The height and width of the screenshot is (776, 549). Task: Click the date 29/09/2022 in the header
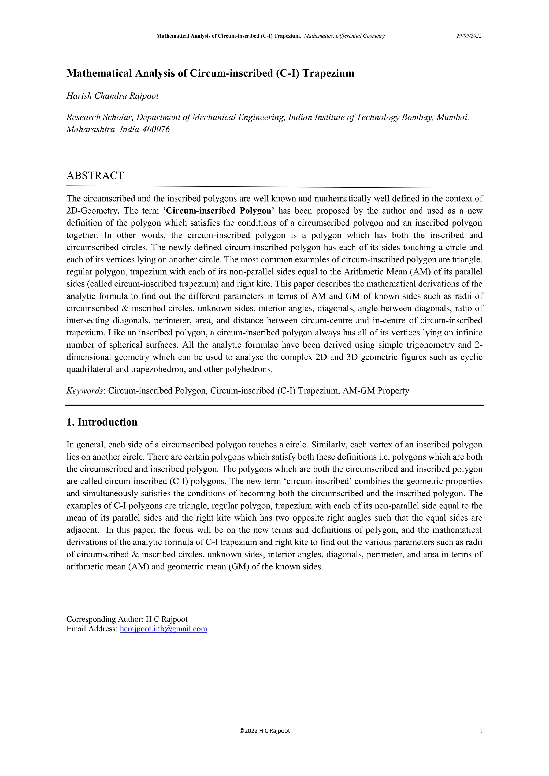[x=469, y=36]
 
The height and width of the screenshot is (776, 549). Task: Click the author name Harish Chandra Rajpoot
[x=112, y=96]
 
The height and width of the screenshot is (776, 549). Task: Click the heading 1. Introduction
[x=102, y=422]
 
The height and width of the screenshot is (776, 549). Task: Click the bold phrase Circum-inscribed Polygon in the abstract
[x=219, y=211]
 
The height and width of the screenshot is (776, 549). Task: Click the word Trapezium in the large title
[x=328, y=73]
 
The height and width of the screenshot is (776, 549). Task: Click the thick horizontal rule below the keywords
[x=274, y=405]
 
